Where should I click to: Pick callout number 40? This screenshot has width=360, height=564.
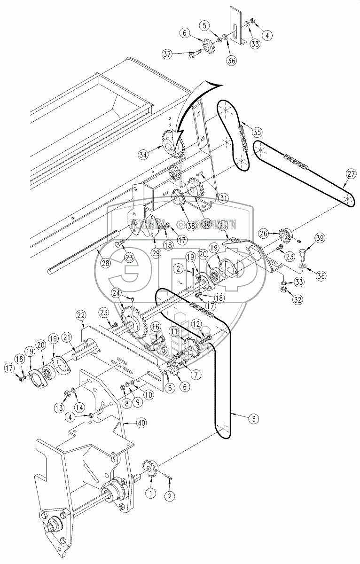[x=141, y=423]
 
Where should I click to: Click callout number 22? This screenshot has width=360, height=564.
[x=81, y=314]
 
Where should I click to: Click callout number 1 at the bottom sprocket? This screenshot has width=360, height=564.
[x=151, y=493]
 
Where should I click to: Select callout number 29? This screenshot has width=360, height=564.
[x=156, y=253]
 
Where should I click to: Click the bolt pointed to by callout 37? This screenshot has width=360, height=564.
[x=196, y=55]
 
